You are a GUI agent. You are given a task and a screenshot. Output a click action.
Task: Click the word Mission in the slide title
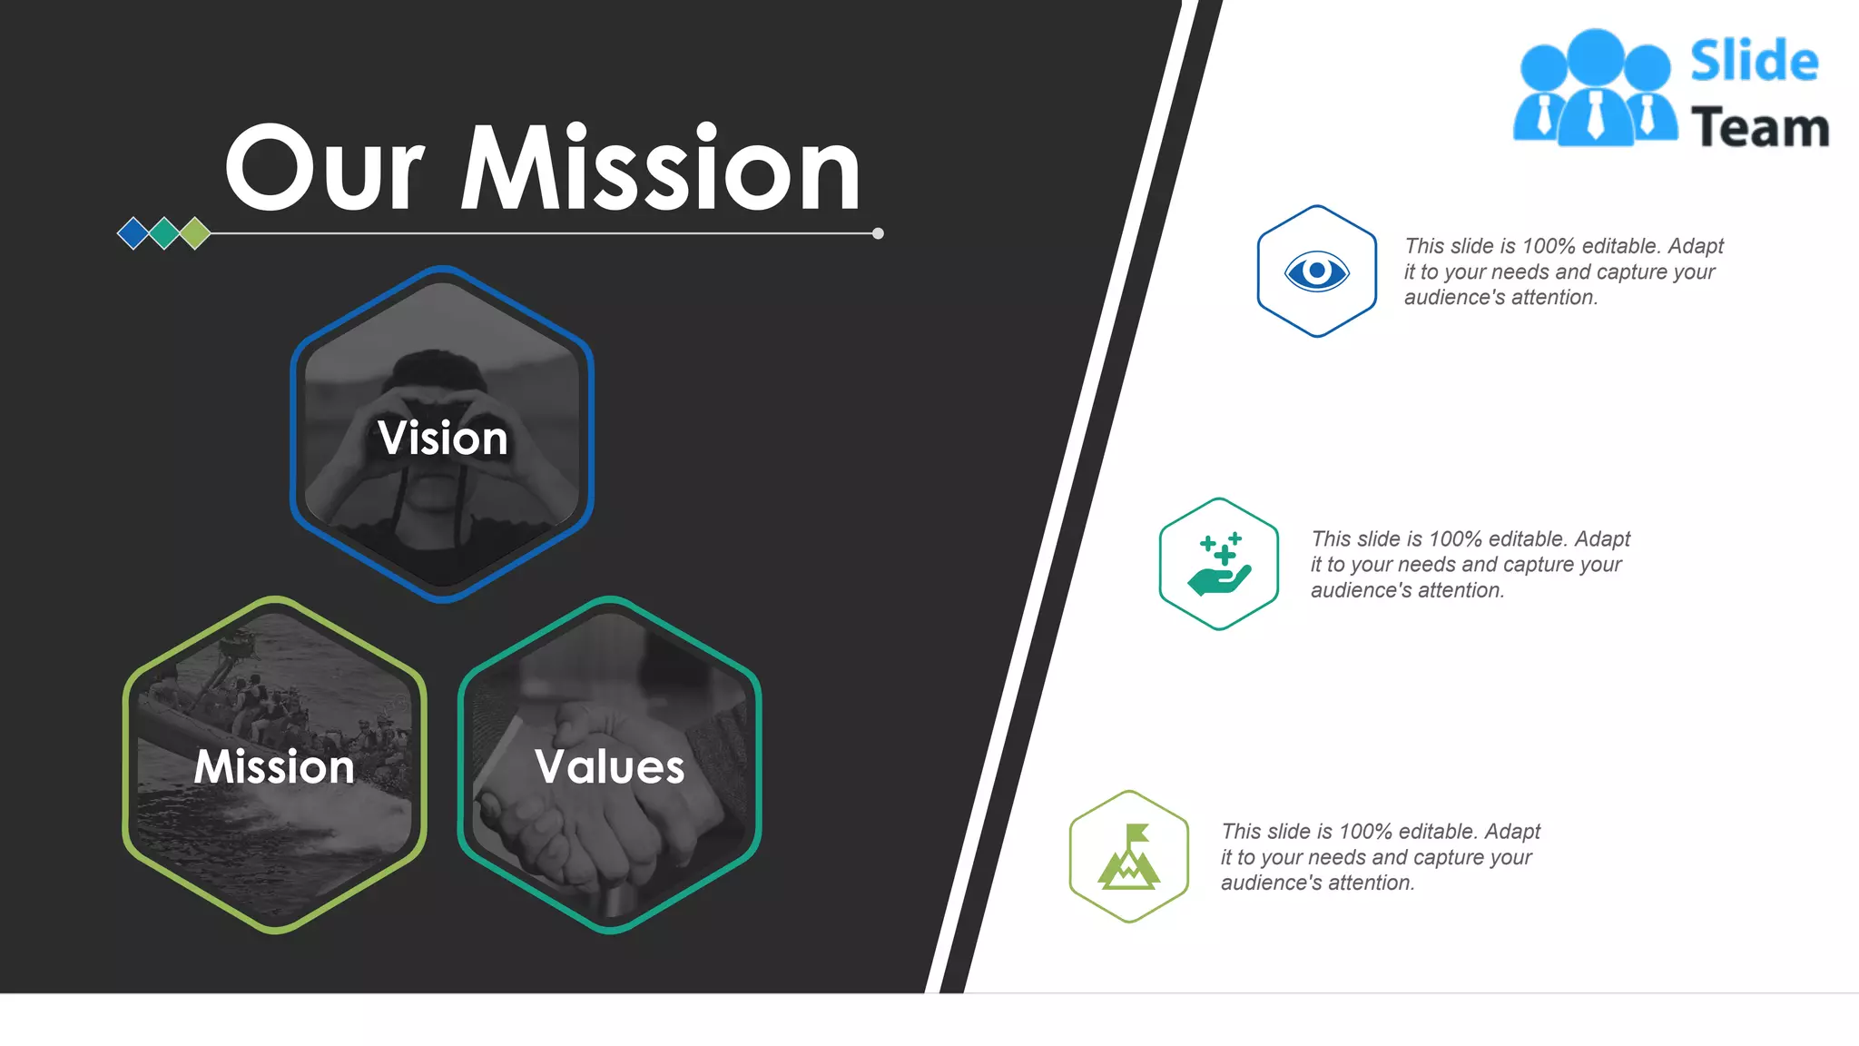[x=661, y=169]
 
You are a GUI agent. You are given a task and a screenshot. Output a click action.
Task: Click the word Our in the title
[x=324, y=169]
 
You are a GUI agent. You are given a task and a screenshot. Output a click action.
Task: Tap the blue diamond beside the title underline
[x=133, y=233]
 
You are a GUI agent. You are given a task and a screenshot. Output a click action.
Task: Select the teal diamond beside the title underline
[x=164, y=233]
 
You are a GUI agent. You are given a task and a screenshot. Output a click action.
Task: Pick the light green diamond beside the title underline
[x=195, y=233]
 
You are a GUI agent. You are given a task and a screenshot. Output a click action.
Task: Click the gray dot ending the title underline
[x=878, y=233]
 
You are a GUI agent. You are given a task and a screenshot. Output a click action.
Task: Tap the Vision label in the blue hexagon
[x=442, y=438]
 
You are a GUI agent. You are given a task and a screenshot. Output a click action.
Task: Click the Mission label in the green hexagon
[x=274, y=766]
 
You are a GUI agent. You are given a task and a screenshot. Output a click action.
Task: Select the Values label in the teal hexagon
[x=610, y=766]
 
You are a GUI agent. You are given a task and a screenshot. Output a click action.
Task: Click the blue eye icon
[x=1316, y=271]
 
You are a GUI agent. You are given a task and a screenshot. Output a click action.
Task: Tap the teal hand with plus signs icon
[x=1219, y=564]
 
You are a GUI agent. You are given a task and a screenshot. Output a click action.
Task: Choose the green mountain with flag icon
[x=1128, y=857]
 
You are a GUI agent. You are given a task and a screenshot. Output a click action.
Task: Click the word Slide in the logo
[x=1754, y=61]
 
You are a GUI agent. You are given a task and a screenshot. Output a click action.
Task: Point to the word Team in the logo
[x=1759, y=127]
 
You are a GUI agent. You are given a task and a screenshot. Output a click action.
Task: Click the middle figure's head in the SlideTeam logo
[x=1595, y=56]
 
